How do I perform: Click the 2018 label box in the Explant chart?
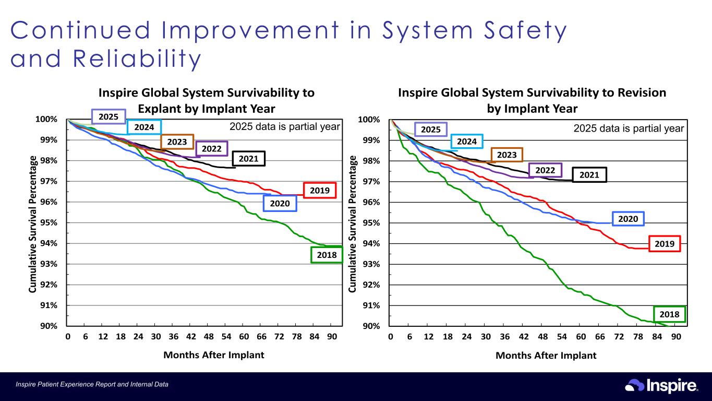pos(327,255)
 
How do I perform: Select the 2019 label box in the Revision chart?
pos(665,244)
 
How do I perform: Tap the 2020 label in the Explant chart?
pos(280,203)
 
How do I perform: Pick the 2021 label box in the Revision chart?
pos(589,175)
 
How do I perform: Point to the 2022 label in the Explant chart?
pos(211,149)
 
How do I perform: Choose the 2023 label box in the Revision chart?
pos(506,155)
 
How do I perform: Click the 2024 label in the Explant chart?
pos(144,127)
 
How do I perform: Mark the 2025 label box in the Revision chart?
pos(430,129)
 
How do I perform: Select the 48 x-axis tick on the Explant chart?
pos(208,336)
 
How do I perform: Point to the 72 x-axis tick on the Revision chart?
pos(619,336)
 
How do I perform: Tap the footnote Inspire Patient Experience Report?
pos(92,385)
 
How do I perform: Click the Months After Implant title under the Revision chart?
pos(546,356)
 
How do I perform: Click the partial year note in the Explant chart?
pos(285,126)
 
